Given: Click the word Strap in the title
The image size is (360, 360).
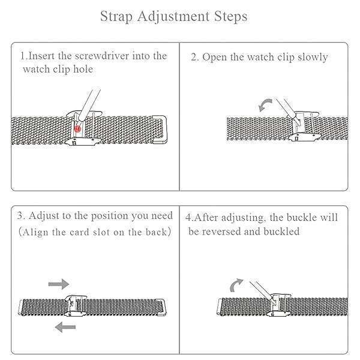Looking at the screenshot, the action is [x=116, y=17].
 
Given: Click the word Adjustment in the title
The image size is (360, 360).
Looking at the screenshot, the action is [x=173, y=17].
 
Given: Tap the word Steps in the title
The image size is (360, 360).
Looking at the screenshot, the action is [x=230, y=17].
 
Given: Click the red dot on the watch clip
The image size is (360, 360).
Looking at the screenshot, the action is [x=77, y=129].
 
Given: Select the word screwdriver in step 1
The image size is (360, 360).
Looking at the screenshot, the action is [x=102, y=56].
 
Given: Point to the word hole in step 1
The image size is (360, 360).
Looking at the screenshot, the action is [x=83, y=69].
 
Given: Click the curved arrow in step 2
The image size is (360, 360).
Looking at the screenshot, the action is [x=265, y=105].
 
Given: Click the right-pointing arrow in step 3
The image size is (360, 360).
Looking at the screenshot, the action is [x=59, y=284].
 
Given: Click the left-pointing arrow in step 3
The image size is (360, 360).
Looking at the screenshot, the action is [x=65, y=327].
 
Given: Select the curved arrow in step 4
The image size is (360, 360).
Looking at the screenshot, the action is [x=236, y=285].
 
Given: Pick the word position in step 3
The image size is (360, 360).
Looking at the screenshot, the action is [x=110, y=216].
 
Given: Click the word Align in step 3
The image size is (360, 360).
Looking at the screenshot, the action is [x=35, y=232].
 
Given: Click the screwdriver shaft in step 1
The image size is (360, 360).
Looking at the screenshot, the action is [x=90, y=104].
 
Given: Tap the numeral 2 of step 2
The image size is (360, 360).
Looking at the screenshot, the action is [x=194, y=57].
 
